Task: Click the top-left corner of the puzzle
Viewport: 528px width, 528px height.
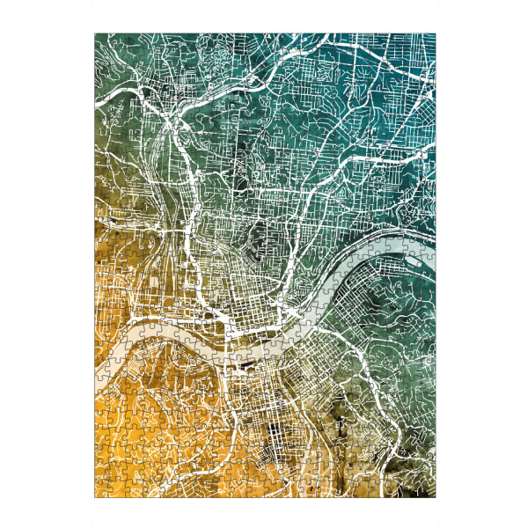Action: (x=95, y=34)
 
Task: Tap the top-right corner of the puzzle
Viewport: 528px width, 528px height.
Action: (x=435, y=34)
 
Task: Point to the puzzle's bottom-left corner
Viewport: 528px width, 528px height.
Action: (x=95, y=498)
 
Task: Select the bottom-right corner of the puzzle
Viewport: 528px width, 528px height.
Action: (x=435, y=498)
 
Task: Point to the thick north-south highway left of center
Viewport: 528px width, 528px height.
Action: (x=190, y=202)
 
